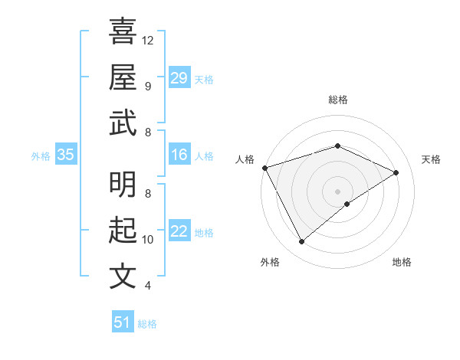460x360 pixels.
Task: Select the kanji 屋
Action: click(x=123, y=77)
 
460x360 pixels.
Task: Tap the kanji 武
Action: click(x=123, y=123)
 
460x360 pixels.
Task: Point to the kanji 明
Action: click(x=123, y=184)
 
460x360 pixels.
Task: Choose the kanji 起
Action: click(x=123, y=230)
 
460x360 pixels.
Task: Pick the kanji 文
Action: click(x=123, y=276)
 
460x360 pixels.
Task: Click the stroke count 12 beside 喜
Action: click(x=148, y=40)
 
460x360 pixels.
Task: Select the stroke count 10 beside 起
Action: click(x=148, y=239)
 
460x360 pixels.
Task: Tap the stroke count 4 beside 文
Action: click(x=148, y=286)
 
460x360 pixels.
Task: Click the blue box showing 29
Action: click(x=179, y=77)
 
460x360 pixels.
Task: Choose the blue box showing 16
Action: click(x=179, y=155)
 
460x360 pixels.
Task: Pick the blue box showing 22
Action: click(x=179, y=231)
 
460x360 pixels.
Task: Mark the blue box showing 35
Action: click(x=65, y=155)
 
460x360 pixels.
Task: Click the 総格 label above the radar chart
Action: click(x=338, y=100)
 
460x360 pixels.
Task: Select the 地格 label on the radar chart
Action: click(x=402, y=263)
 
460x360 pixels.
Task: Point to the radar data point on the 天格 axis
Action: click(x=396, y=172)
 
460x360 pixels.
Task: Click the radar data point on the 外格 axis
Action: click(x=301, y=242)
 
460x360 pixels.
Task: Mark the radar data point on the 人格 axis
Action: click(x=264, y=168)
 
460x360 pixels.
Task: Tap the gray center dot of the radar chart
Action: click(x=338, y=191)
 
